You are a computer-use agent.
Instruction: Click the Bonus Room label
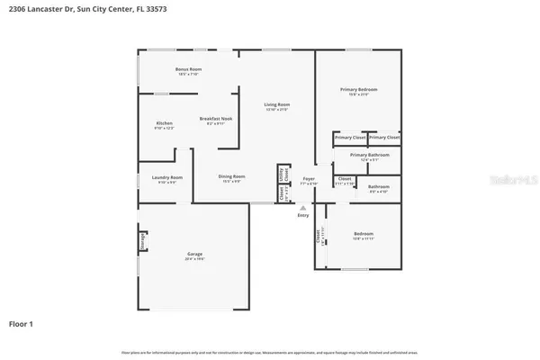188,69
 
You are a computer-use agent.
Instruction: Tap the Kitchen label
164,122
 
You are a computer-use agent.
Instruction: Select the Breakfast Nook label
216,119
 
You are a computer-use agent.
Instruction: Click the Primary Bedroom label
358,89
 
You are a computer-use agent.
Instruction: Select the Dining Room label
231,177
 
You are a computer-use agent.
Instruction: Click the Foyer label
308,178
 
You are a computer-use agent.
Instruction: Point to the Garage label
194,254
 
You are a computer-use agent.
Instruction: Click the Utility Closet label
282,175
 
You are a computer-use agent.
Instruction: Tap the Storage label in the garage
143,241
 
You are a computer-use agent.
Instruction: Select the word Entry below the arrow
301,216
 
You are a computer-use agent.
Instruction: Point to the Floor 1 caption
22,322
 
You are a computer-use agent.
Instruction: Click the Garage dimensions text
194,259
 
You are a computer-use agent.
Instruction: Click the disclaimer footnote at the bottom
269,352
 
